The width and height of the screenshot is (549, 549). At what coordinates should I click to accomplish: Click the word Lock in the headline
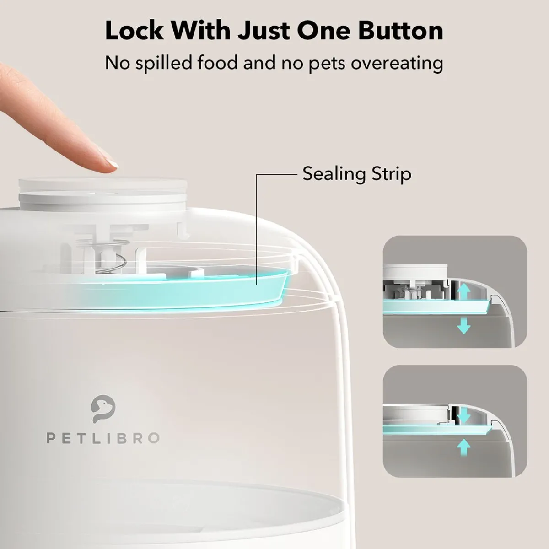(x=135, y=31)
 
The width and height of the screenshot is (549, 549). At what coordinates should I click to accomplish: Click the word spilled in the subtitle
(x=163, y=63)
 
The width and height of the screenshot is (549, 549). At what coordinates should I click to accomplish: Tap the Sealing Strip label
(x=357, y=173)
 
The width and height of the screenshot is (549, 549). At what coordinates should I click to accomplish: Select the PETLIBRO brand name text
(x=103, y=438)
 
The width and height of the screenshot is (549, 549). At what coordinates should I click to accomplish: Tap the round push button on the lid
(x=103, y=191)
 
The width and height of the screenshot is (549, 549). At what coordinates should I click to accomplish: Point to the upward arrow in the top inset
(x=464, y=292)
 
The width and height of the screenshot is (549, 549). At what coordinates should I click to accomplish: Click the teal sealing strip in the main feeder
(x=183, y=288)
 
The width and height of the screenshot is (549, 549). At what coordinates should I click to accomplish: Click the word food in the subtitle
(x=218, y=63)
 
